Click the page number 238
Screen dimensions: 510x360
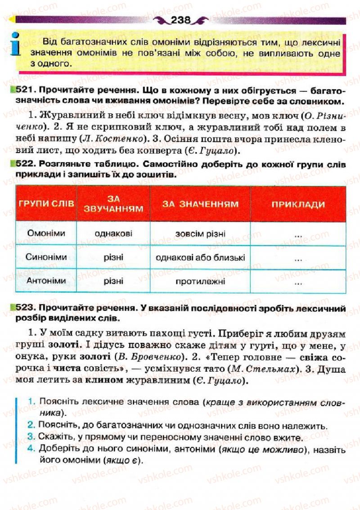(181, 20)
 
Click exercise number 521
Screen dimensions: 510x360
(22, 90)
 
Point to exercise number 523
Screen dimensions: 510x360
(22, 308)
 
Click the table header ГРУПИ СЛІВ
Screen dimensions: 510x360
(46, 203)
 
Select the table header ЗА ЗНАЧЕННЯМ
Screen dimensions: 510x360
(200, 204)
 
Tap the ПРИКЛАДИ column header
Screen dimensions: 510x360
(298, 204)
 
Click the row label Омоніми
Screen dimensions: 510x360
(46, 234)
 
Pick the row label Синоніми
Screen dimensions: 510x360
(46, 257)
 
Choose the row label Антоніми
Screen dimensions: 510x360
(46, 281)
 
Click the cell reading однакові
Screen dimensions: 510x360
(113, 234)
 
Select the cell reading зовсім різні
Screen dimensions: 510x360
(201, 234)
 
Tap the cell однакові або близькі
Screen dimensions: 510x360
(201, 257)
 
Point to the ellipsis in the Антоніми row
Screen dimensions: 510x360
(298, 283)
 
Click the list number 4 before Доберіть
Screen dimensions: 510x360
(31, 448)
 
